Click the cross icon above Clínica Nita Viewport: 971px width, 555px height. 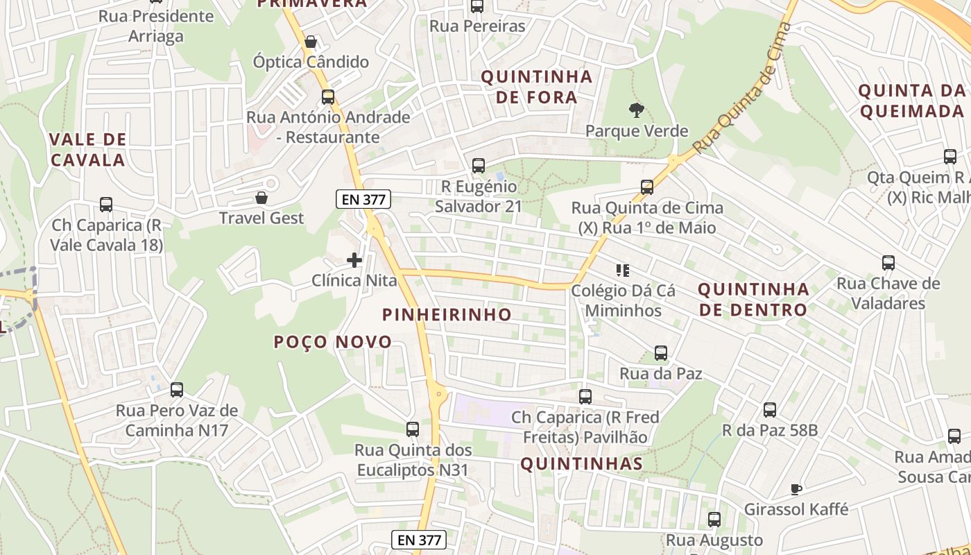[354, 260]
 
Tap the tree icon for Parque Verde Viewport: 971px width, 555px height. [636, 110]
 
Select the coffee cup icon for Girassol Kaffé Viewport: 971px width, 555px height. [796, 489]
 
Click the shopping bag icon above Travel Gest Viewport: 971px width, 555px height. [261, 198]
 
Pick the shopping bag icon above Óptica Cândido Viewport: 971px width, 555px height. [311, 42]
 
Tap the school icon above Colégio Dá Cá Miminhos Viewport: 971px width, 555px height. [622, 271]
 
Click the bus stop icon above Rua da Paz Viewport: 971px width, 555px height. [661, 353]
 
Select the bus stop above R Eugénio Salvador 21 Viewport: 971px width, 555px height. [478, 166]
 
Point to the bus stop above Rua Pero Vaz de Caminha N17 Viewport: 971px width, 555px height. [177, 390]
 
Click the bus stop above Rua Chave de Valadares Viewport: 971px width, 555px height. [888, 263]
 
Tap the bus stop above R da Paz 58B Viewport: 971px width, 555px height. [770, 410]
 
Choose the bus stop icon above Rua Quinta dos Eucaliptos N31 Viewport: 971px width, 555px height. [413, 429]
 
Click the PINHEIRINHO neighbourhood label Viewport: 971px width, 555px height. [447, 314]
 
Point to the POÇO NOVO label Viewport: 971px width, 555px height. [333, 342]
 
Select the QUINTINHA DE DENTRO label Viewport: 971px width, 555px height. [753, 299]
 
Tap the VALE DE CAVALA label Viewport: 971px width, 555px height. [87, 149]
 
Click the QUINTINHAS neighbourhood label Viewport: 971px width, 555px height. [581, 463]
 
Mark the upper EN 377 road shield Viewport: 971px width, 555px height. [364, 200]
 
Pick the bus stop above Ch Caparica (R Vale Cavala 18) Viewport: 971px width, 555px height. [106, 205]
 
